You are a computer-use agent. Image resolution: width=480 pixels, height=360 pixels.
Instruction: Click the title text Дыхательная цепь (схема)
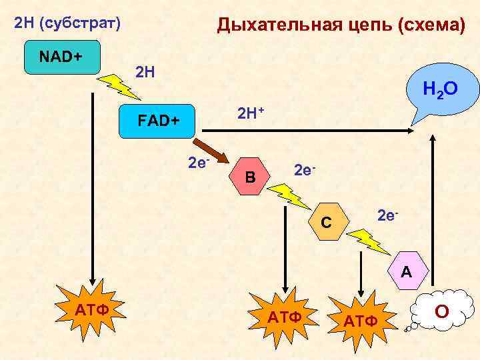click(x=341, y=26)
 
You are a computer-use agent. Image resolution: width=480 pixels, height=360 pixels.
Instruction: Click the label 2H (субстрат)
click(x=67, y=25)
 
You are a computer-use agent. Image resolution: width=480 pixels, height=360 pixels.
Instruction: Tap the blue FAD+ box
click(x=157, y=121)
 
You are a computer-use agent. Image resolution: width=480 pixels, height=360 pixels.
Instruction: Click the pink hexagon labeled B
click(x=250, y=177)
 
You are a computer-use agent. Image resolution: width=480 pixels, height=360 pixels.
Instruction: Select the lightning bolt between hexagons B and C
click(x=288, y=195)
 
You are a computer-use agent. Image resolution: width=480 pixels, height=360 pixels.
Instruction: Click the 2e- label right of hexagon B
click(x=303, y=171)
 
